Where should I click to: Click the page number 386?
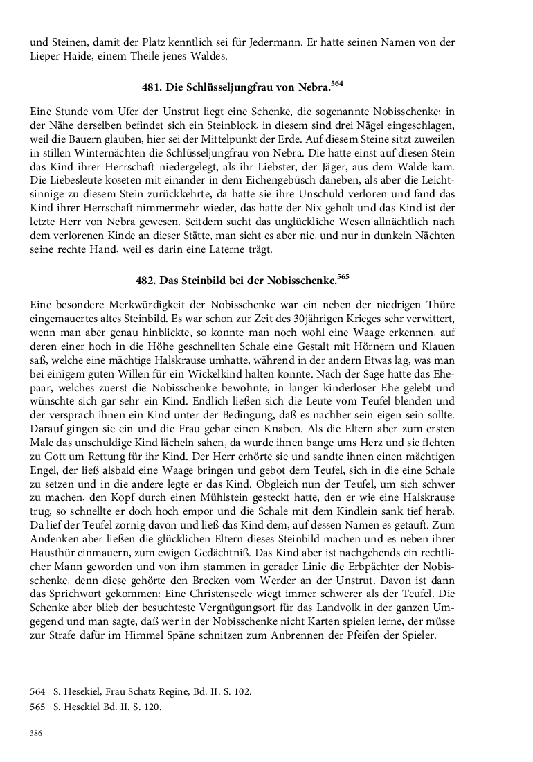tap(36, 732)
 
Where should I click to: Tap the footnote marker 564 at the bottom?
tap(37, 691)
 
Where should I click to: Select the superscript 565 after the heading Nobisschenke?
tap(343, 277)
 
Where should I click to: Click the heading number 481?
tap(152, 89)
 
